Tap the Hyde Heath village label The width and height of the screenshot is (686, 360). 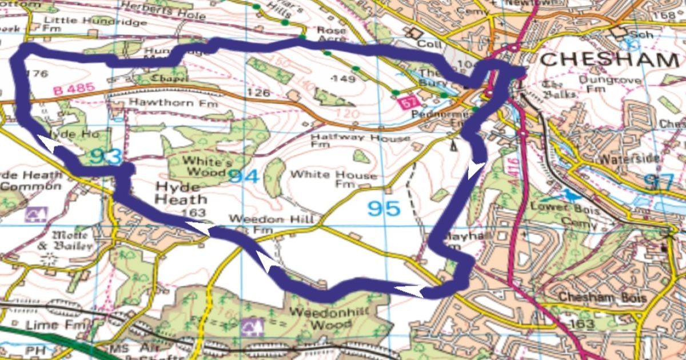[x=180, y=194]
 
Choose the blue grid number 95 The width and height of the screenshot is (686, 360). [x=384, y=209]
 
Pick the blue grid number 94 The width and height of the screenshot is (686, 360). [x=244, y=177]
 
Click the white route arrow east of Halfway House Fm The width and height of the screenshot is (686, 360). [x=476, y=170]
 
